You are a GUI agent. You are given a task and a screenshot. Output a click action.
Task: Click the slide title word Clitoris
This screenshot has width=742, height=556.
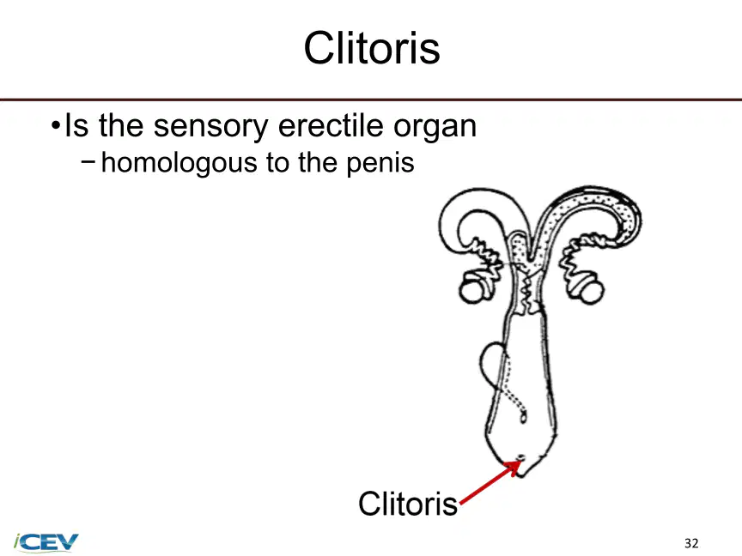(372, 48)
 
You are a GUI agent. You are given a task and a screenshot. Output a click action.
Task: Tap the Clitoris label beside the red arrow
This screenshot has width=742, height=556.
(408, 504)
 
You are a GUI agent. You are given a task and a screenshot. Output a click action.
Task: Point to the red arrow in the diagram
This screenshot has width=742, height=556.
(490, 482)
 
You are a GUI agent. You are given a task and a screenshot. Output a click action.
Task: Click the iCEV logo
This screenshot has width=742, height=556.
(46, 541)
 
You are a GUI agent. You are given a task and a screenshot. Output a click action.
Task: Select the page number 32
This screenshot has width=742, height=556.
(691, 543)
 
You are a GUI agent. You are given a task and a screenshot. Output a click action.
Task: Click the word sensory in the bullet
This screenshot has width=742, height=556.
(211, 127)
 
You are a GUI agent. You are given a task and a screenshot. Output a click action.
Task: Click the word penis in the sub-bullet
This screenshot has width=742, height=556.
(380, 163)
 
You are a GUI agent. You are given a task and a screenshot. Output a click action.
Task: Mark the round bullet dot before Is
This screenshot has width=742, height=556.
(56, 126)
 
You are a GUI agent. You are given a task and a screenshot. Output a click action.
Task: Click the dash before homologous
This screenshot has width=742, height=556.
(88, 161)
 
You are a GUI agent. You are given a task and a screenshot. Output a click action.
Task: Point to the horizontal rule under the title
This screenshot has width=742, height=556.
(371, 100)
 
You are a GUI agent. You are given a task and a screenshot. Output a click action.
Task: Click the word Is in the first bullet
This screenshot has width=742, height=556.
(76, 126)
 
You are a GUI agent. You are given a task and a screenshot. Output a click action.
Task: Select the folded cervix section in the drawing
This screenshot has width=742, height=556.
(528, 291)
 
